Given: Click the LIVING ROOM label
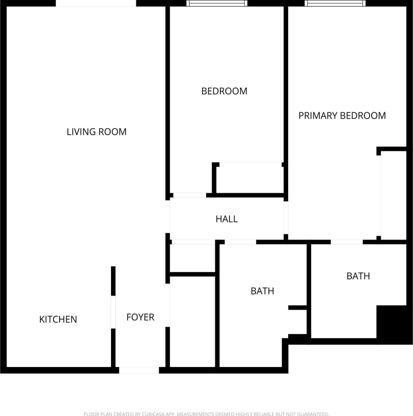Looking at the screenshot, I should [x=96, y=132].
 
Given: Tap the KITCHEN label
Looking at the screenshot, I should [x=58, y=319].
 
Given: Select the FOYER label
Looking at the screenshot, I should [x=140, y=317].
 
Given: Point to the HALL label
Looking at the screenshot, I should [x=227, y=219].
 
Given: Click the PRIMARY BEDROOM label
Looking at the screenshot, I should [x=342, y=116].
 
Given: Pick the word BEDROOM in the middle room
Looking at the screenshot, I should [x=224, y=91].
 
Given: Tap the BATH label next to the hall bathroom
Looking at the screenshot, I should [x=262, y=291].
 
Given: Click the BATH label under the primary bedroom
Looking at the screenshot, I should [x=358, y=276].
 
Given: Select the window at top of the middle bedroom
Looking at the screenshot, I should [x=217, y=3].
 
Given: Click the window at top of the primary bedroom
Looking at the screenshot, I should [x=335, y=3].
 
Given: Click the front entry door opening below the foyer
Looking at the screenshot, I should [x=139, y=370].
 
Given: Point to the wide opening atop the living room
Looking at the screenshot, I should [x=96, y=3].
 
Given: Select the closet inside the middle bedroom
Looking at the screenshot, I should [x=249, y=178].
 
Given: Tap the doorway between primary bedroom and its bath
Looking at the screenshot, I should [x=346, y=242].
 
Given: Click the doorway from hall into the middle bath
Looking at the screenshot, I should [x=240, y=242].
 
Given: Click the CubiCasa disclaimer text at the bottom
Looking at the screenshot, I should [x=206, y=414].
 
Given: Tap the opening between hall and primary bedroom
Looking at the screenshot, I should [x=286, y=218].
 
